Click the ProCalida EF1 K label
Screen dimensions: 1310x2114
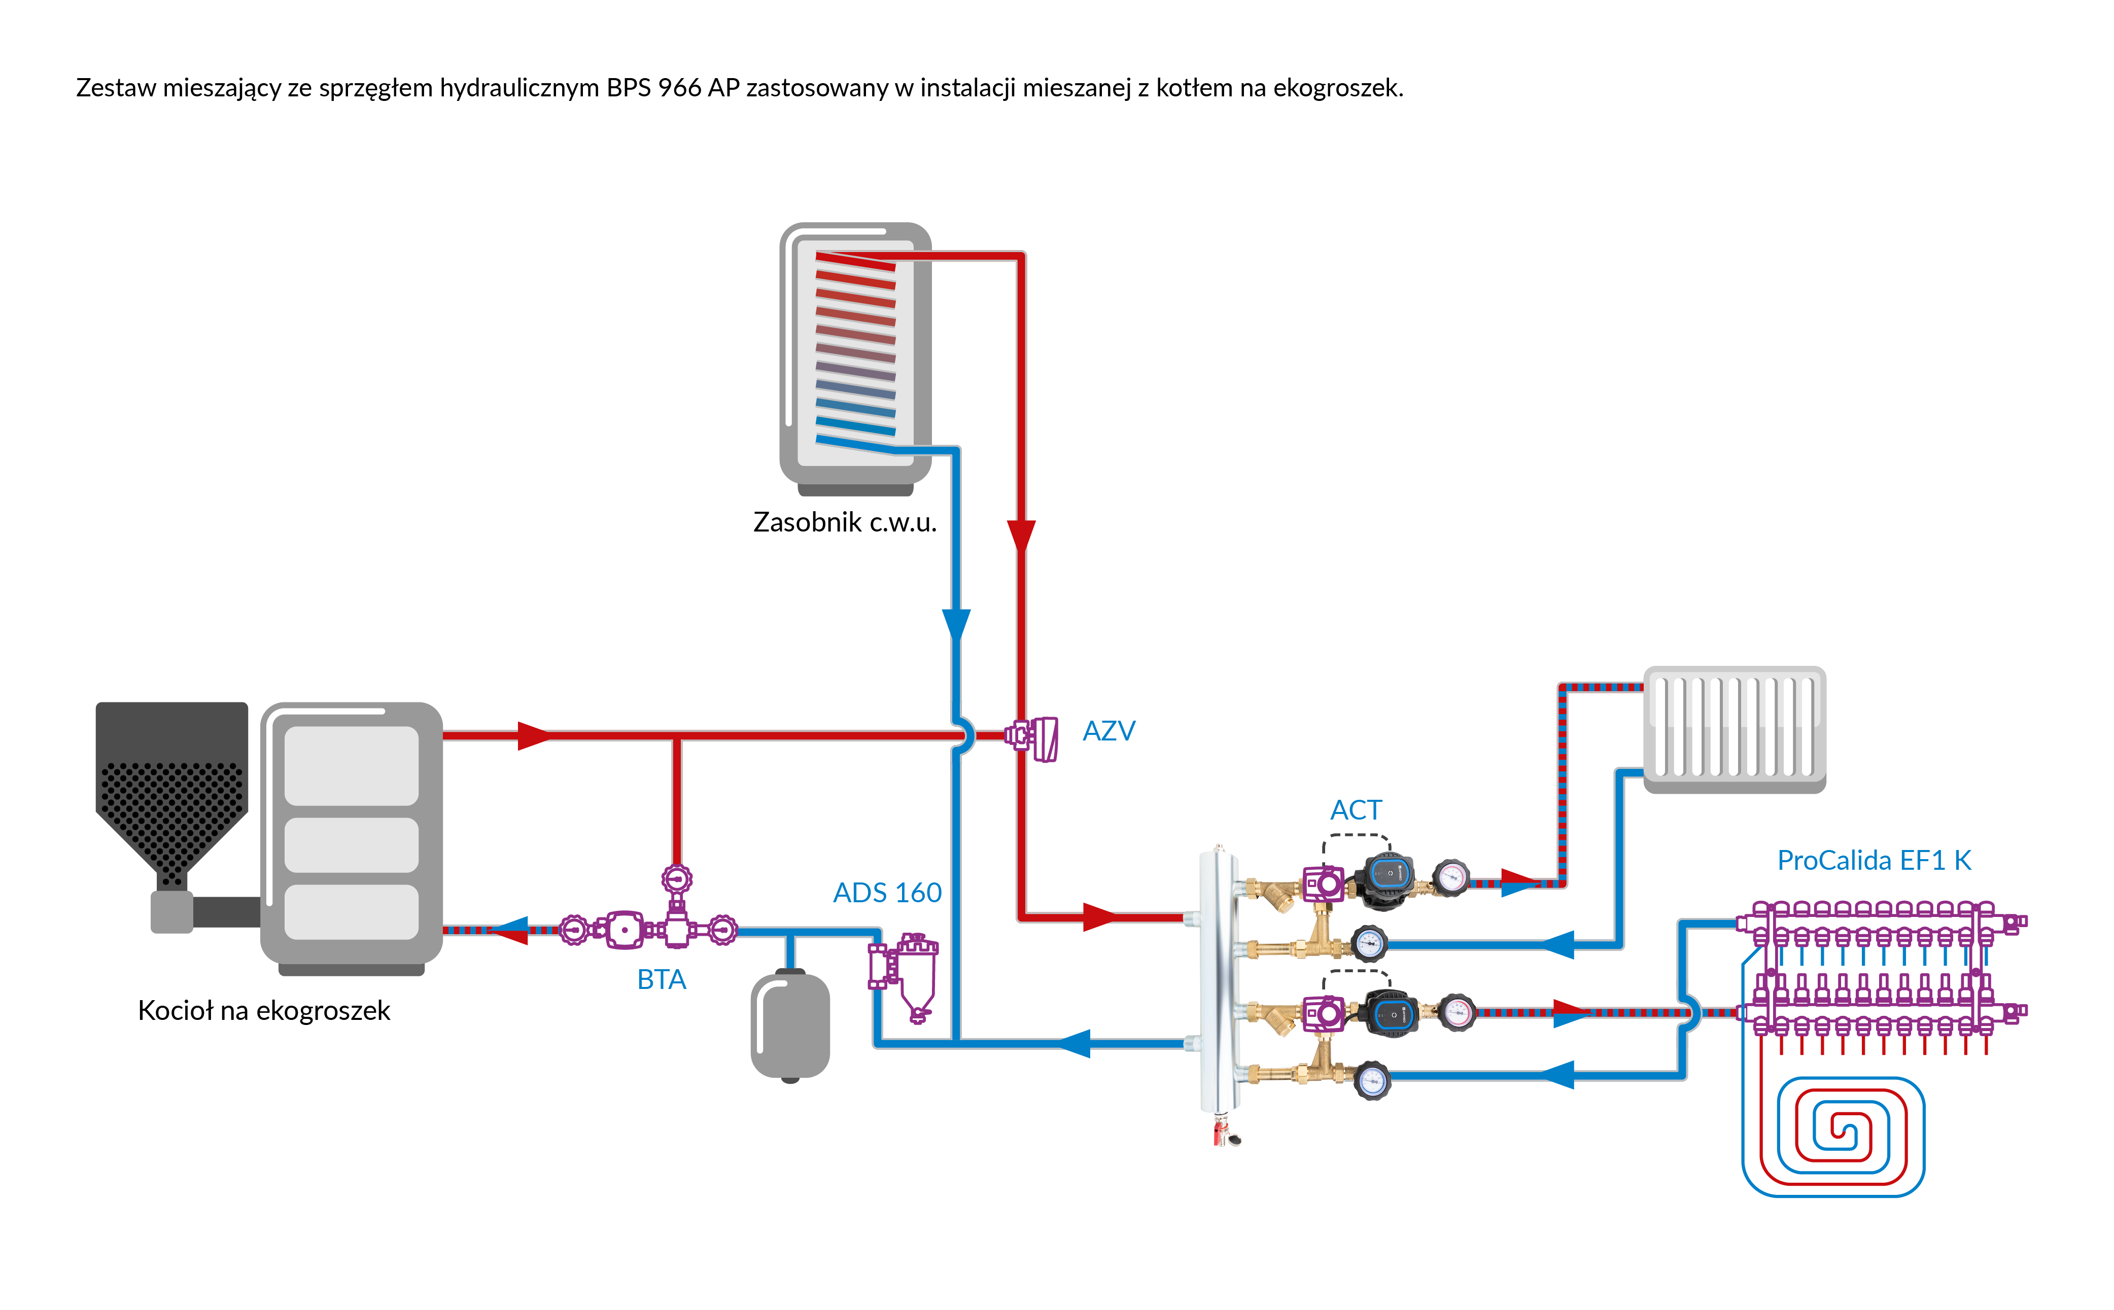(1873, 860)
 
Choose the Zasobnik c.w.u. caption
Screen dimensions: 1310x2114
(845, 522)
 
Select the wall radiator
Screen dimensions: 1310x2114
(1735, 728)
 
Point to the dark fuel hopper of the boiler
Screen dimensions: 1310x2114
(171, 789)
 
